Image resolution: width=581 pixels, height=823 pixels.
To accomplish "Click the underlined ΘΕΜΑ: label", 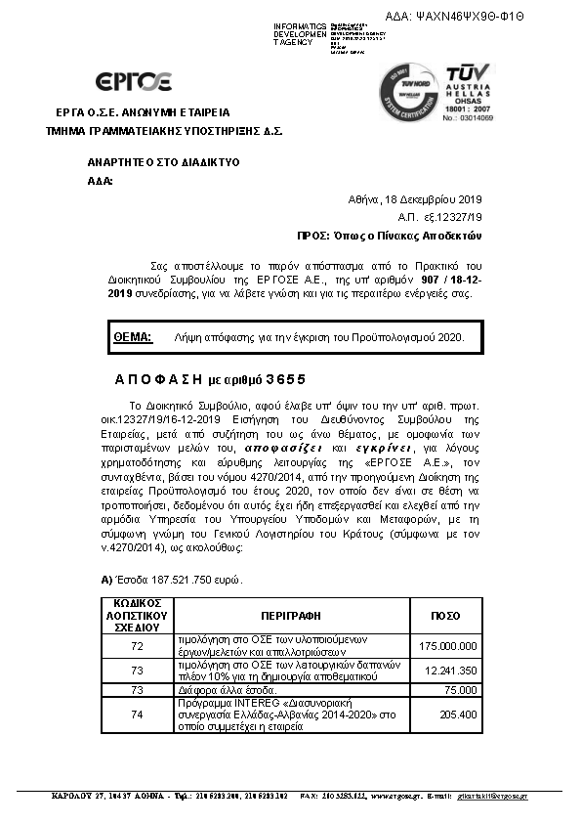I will pos(133,336).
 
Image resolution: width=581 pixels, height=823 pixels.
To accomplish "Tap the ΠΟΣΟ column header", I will pos(445,617).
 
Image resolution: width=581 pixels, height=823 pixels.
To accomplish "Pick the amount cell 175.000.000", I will pos(448,646).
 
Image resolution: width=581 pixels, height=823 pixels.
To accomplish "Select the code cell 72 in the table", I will pos(137,646).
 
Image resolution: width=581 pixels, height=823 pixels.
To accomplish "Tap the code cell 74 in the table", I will pos(137,715).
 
